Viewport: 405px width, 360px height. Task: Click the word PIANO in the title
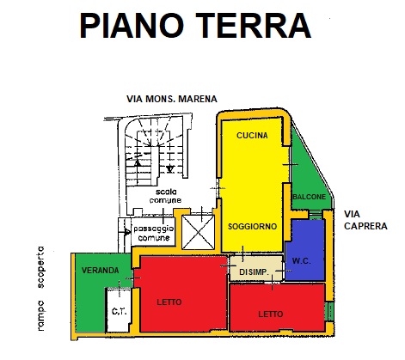pos(132,26)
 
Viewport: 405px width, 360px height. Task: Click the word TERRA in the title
pos(254,26)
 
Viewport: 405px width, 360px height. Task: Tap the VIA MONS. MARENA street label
pos(172,99)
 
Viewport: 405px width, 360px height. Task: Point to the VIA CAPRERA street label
pos(365,220)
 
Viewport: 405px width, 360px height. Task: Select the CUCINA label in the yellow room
pos(252,136)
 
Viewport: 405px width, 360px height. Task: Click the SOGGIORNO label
pos(252,227)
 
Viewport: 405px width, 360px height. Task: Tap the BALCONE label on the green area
pos(310,197)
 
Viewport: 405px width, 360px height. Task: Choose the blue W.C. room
pos(305,252)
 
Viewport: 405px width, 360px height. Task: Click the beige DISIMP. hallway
pos(256,268)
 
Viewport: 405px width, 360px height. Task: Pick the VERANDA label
pos(101,270)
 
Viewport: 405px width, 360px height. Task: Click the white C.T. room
pos(119,310)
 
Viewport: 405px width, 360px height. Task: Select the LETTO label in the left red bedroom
pos(169,302)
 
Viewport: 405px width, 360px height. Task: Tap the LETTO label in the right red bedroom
pos(271,314)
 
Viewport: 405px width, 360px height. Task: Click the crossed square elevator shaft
pos(199,232)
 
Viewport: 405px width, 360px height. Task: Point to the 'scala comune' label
pos(165,196)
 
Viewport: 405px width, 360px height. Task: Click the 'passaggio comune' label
pos(154,233)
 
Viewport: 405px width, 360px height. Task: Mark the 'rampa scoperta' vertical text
pos(41,289)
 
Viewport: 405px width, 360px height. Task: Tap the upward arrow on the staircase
pos(138,162)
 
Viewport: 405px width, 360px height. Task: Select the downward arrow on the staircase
pos(170,169)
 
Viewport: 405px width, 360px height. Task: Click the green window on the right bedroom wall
pos(330,311)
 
